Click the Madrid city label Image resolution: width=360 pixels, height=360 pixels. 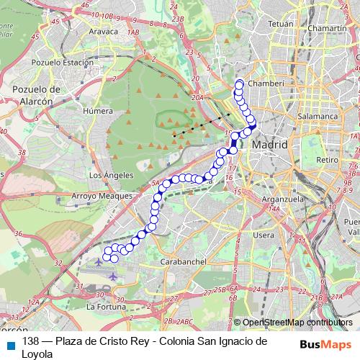point(270,145)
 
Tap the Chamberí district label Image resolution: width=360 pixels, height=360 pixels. point(267,84)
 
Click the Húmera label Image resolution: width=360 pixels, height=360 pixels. point(98,112)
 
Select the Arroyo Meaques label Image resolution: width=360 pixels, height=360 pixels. point(102,196)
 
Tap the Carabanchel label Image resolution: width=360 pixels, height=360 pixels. point(185,261)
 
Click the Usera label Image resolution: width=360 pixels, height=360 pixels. point(264,235)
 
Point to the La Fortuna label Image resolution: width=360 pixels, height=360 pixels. point(106,307)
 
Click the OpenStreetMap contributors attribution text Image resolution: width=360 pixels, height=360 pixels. point(297,323)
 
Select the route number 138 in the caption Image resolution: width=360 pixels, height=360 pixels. point(30,341)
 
